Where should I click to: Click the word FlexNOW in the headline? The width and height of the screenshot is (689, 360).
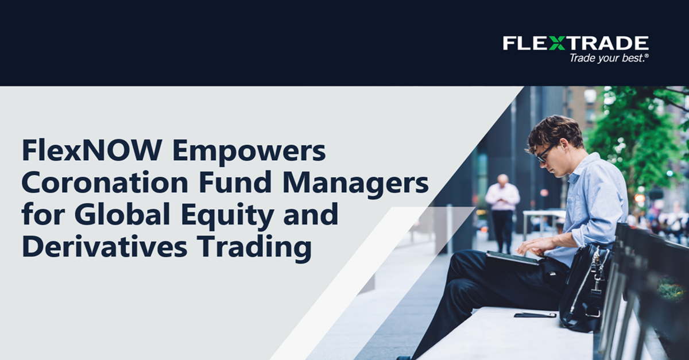[x=92, y=150]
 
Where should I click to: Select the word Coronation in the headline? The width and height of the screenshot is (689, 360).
[x=105, y=183]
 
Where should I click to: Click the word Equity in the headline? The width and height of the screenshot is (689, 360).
[x=227, y=216]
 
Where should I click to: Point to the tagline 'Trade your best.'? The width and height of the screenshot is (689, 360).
[x=609, y=58]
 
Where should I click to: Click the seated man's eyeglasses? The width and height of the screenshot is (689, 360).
[x=545, y=154]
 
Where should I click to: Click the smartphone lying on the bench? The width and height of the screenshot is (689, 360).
[x=535, y=315]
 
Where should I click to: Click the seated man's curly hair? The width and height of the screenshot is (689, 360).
[x=553, y=131]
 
